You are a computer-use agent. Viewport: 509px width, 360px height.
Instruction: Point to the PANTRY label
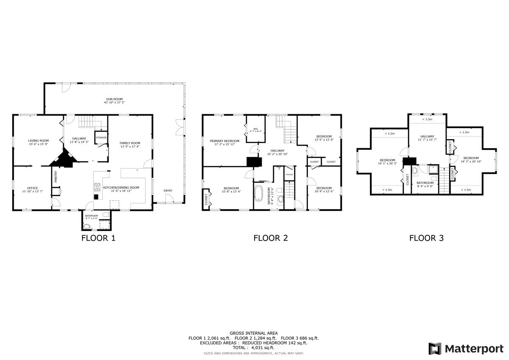56,177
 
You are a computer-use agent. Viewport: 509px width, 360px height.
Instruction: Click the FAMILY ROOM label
129,145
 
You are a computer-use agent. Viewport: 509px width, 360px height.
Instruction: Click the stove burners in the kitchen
97,187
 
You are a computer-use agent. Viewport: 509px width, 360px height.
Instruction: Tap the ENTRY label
168,191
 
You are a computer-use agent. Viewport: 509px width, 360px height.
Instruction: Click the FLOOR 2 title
271,238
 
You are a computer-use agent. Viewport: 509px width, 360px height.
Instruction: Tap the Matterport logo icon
435,349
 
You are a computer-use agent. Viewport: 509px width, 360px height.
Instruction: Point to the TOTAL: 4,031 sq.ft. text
253,348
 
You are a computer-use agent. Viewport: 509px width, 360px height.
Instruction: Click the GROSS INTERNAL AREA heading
254,333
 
